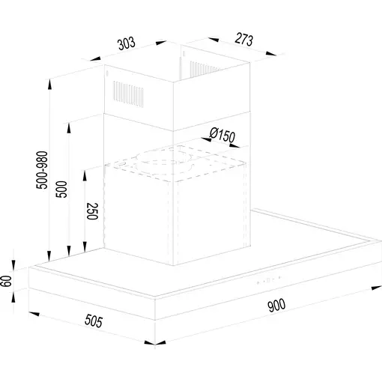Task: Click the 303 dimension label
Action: coord(127,43)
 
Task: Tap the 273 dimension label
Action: coord(244,40)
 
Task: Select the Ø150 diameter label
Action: coord(222,135)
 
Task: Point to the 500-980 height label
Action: coord(42,170)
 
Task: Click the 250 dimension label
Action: coord(92,211)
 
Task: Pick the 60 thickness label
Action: coord(6,281)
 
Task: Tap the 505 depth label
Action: coord(94,321)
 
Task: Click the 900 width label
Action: coord(276,305)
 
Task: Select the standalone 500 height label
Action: coord(61,190)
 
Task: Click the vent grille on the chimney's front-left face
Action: coord(128,94)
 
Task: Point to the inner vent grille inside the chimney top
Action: coord(204,69)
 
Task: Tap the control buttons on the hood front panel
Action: coord(269,280)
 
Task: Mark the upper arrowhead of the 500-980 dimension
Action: coord(50,84)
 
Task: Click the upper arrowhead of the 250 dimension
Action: coord(85,175)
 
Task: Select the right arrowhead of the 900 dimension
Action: coord(377,288)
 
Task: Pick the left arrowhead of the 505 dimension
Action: coord(34,314)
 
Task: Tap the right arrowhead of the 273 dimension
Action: coord(271,54)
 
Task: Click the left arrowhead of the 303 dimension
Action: coord(96,59)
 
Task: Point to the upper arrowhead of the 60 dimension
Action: coord(13,265)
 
